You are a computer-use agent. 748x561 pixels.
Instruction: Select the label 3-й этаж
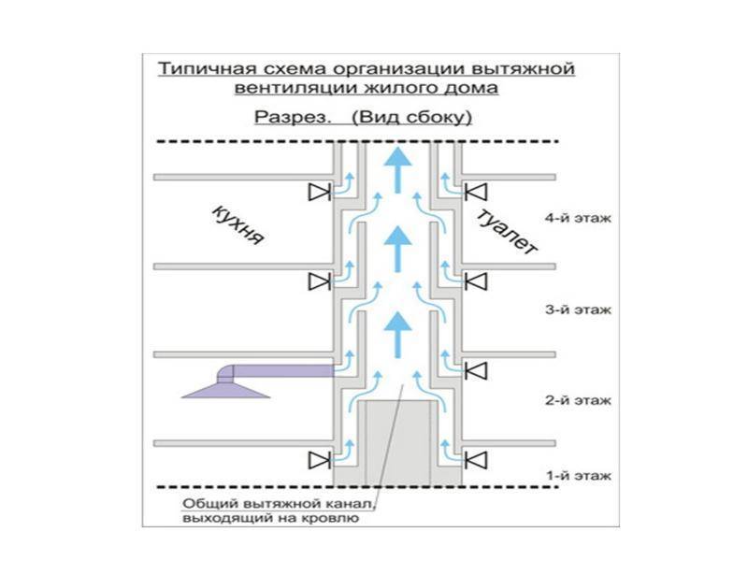coord(577,309)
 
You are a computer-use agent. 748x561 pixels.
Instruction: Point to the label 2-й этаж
coord(577,400)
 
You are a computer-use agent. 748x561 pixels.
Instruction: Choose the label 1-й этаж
coord(577,476)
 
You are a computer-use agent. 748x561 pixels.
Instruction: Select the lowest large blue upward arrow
coord(399,329)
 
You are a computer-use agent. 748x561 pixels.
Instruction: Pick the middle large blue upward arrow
coord(399,248)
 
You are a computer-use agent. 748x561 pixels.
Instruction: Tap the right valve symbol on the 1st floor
coord(478,459)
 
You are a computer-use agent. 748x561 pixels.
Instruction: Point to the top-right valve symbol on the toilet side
coord(478,193)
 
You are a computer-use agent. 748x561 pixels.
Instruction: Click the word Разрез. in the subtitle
coord(282,119)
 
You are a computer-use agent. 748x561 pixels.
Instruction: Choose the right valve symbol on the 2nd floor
coord(478,369)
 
